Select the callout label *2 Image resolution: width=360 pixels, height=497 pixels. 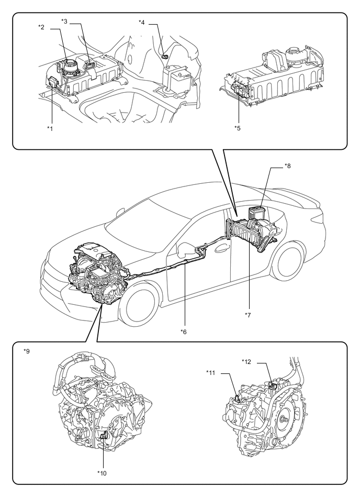[x=42, y=26]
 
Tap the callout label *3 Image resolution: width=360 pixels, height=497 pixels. [x=64, y=21]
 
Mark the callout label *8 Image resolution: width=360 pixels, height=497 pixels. [x=287, y=166]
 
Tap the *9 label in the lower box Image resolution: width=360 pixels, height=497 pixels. [x=27, y=351]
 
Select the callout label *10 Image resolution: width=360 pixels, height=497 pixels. [x=102, y=473]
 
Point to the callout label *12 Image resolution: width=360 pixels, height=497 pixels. [x=247, y=361]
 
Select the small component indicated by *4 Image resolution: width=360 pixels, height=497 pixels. [x=166, y=56]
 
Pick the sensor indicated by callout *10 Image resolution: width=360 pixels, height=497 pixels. [x=104, y=435]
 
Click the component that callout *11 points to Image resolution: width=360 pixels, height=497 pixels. [x=237, y=399]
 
